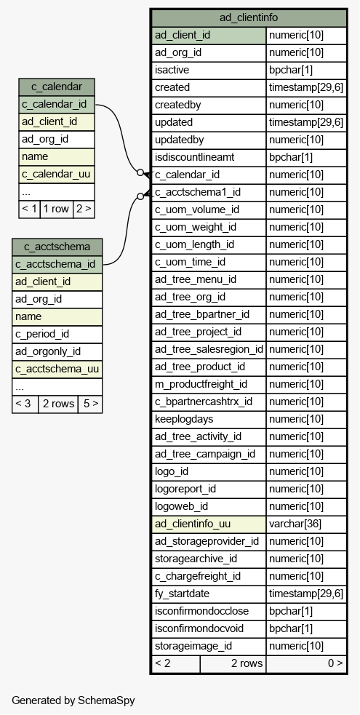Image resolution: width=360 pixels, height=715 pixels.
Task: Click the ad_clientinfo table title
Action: tap(248, 17)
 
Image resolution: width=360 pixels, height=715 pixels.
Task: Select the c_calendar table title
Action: tap(57, 87)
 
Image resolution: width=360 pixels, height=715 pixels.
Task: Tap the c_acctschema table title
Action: tap(57, 247)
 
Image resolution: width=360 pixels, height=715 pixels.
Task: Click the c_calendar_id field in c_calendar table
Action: tap(54, 105)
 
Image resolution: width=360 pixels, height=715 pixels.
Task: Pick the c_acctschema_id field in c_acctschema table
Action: tap(55, 265)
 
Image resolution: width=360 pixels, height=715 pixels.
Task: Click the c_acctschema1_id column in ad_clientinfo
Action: tap(198, 192)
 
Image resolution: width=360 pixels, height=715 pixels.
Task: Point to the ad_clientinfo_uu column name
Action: tap(193, 524)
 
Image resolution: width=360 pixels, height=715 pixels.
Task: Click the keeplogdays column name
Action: tap(184, 419)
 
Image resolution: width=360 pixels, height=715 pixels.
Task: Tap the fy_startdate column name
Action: tap(183, 594)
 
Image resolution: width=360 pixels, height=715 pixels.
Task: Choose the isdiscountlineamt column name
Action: tap(195, 157)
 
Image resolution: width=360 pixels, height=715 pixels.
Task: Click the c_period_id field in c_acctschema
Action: tap(42, 334)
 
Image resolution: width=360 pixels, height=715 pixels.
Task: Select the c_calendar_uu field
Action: tap(55, 174)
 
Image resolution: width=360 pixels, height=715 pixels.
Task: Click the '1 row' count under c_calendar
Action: tap(56, 209)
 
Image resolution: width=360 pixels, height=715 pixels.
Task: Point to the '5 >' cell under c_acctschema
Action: tap(89, 404)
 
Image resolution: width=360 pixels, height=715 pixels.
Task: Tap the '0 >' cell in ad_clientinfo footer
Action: tap(335, 663)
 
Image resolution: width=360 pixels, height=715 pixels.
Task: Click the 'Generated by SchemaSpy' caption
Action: tap(73, 700)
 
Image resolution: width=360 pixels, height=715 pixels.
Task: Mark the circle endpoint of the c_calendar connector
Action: tap(140, 172)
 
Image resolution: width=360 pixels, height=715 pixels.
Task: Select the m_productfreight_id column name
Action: tap(201, 384)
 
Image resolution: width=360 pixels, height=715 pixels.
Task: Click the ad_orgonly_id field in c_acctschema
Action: tap(48, 351)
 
